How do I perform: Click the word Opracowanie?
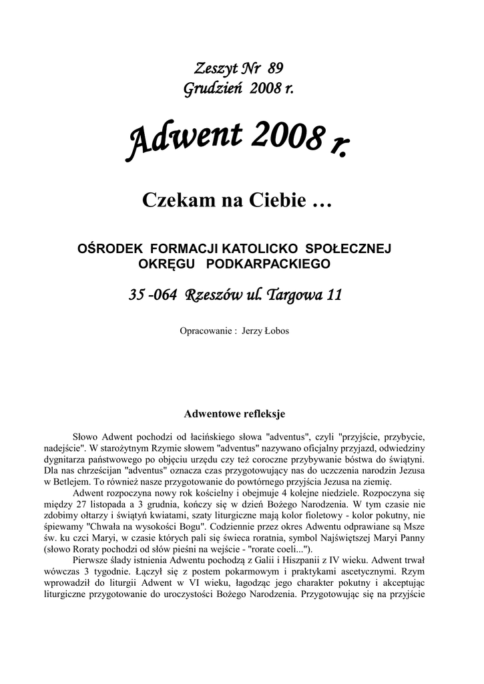(x=206, y=331)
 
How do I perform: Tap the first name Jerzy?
(x=250, y=331)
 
